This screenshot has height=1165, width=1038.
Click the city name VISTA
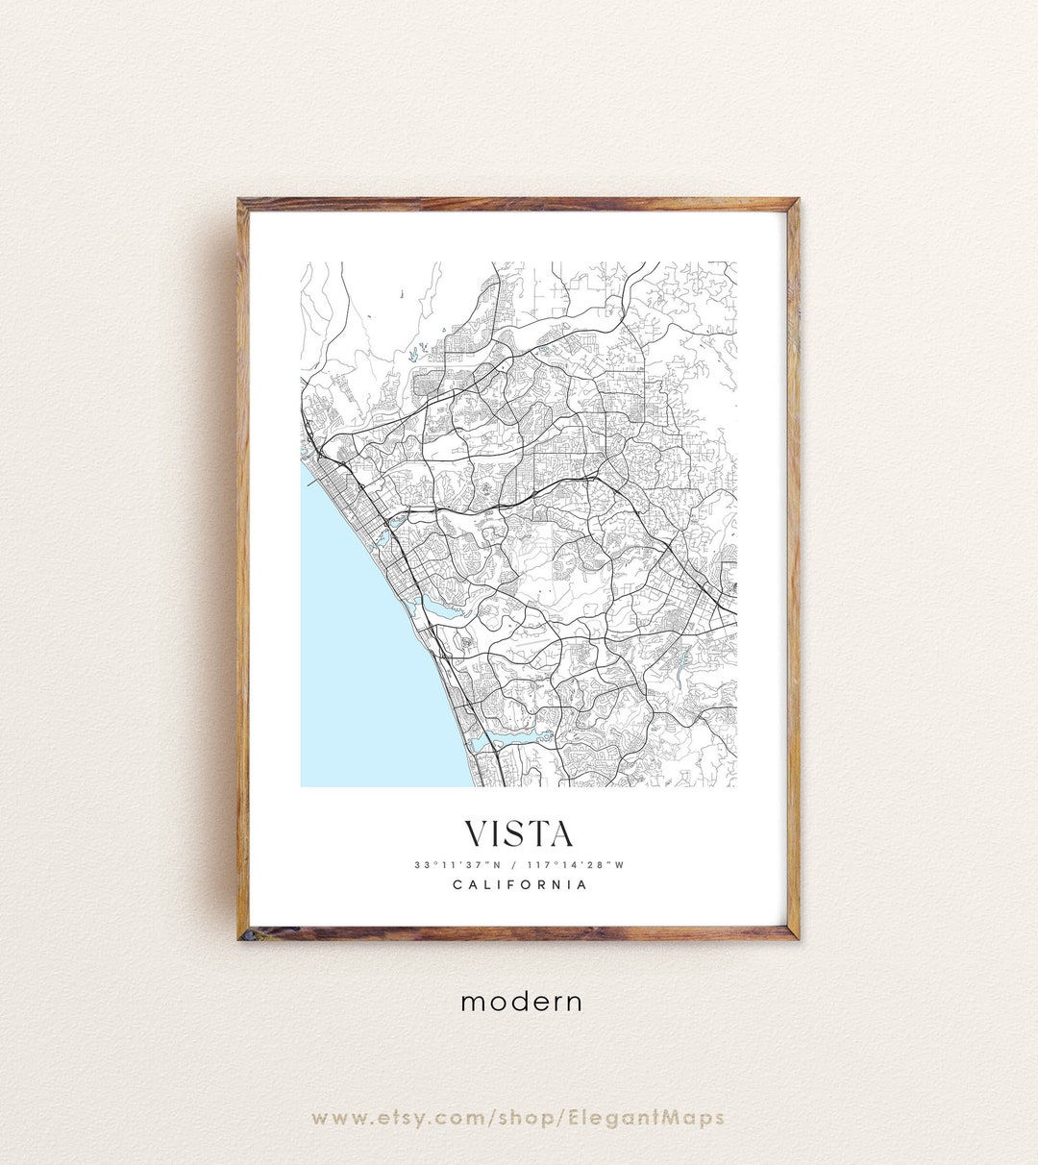point(519,833)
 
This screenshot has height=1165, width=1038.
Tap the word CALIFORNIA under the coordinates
point(519,884)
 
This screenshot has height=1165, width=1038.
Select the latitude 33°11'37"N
point(456,864)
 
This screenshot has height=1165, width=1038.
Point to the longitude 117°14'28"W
point(580,864)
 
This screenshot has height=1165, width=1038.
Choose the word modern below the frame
point(521,1002)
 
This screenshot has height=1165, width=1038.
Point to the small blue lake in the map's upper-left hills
point(412,354)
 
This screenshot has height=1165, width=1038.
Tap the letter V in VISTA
point(478,833)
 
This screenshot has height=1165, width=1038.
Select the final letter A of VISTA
point(560,833)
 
